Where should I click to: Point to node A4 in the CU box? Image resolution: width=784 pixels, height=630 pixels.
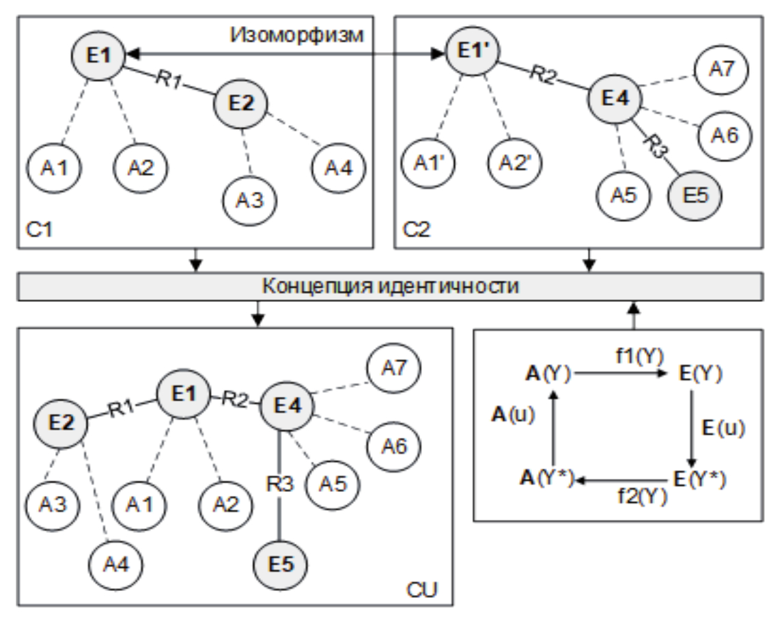114,564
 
